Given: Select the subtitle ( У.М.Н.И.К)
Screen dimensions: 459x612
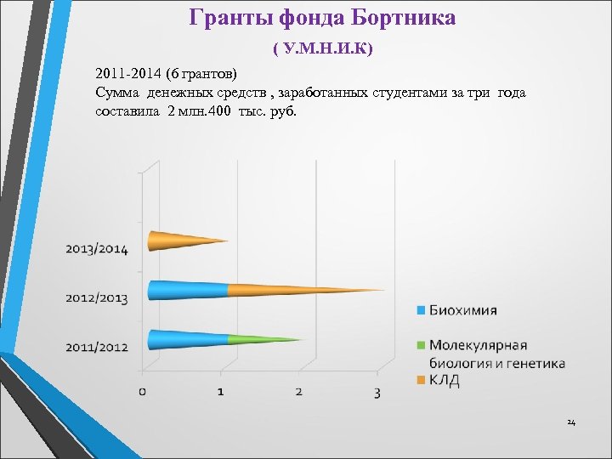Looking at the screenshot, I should [323, 50].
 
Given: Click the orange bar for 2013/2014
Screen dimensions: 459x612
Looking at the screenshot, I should [183, 241].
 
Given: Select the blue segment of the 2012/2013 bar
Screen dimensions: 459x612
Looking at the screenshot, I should [187, 290].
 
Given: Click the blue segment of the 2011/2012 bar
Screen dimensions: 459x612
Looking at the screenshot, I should [187, 339].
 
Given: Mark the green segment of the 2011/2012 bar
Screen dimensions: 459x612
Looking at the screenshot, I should [259, 340].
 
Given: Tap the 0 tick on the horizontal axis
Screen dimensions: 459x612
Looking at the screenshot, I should [143, 392].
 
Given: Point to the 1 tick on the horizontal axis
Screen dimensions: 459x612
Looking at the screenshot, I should [221, 392].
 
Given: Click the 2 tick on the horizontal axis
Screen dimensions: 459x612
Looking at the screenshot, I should [299, 392].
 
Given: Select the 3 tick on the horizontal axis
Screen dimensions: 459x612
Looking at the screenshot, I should [377, 392].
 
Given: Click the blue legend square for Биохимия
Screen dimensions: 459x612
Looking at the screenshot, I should [420, 310].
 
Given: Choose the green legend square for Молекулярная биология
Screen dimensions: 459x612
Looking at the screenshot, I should [420, 345].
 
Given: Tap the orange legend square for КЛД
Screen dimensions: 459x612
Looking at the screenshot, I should [420, 379].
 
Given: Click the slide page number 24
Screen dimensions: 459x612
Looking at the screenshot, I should [571, 422].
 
